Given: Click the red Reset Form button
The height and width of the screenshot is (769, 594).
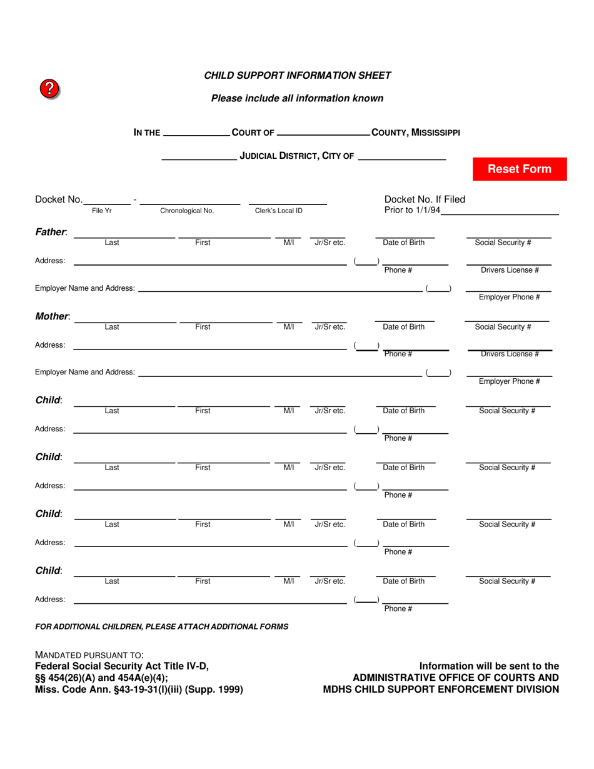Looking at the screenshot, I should tap(520, 169).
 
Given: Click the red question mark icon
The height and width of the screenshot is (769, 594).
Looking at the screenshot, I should tap(50, 89).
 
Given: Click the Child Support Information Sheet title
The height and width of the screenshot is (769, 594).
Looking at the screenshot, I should tap(298, 76).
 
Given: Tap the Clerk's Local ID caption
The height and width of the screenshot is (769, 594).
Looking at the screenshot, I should tap(279, 211).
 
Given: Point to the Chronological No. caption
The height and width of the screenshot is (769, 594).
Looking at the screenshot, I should tap(187, 211).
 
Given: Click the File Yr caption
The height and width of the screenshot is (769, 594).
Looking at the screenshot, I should tap(102, 211).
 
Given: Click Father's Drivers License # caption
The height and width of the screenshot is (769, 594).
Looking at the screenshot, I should tap(510, 270).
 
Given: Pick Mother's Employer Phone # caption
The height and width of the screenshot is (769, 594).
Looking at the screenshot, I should tap(509, 381).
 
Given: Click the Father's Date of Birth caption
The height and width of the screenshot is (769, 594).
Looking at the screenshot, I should tap(403, 243).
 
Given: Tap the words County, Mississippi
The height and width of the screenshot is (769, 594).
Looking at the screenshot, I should tap(416, 133).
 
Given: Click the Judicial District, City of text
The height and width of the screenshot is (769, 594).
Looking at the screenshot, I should tap(297, 156).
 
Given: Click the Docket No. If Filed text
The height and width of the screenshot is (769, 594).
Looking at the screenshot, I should tap(425, 199).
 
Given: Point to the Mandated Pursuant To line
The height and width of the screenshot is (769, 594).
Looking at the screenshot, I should tap(89, 655).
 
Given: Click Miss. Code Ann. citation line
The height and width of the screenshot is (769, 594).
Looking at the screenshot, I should tap(139, 690).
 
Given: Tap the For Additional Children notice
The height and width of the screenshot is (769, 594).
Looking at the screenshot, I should tap(161, 626).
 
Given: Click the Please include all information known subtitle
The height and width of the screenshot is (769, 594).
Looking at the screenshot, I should tap(298, 98).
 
